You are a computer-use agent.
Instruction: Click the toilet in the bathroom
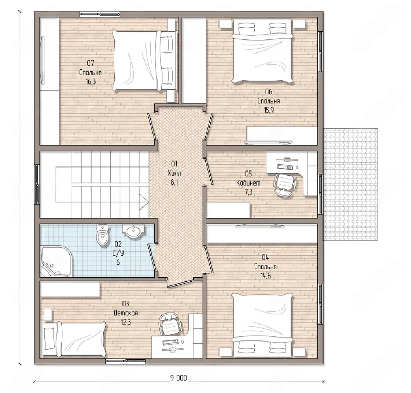click(103, 235)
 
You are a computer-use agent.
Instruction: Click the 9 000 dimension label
click(179, 378)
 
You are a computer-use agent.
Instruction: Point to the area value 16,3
click(91, 81)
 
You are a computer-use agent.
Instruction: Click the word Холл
click(174, 173)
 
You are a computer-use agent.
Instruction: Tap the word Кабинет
click(249, 183)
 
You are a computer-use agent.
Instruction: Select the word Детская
click(126, 313)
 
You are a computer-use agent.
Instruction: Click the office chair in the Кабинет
click(285, 184)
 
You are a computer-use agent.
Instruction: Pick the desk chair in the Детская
click(170, 326)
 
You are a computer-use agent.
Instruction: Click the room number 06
click(268, 91)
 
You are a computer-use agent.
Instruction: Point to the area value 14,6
click(266, 276)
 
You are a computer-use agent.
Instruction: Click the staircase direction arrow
click(144, 202)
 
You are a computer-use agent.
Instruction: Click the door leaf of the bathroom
click(152, 257)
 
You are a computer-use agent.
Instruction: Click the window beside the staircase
click(37, 185)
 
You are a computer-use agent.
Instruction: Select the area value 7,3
click(249, 192)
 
